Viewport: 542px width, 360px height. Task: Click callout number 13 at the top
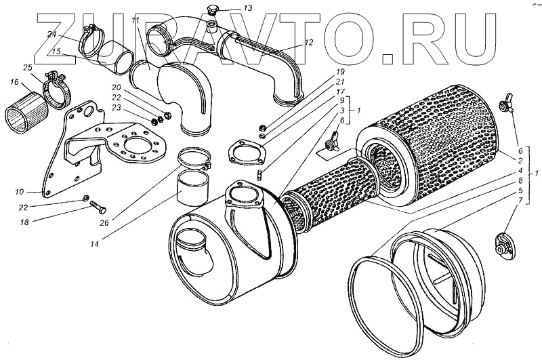pyautogui.click(x=228, y=9)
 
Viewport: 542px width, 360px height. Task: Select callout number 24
pyautogui.click(x=52, y=35)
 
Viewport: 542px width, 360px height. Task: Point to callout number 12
pyautogui.click(x=308, y=42)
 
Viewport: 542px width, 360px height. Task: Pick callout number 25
pyautogui.click(x=27, y=67)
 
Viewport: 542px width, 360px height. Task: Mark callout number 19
pyautogui.click(x=339, y=71)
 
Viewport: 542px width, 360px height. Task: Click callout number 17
pyautogui.click(x=340, y=91)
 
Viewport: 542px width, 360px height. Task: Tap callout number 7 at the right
pyautogui.click(x=520, y=201)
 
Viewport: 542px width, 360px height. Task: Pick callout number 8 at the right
pyautogui.click(x=520, y=181)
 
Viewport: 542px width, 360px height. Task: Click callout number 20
pyautogui.click(x=117, y=87)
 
